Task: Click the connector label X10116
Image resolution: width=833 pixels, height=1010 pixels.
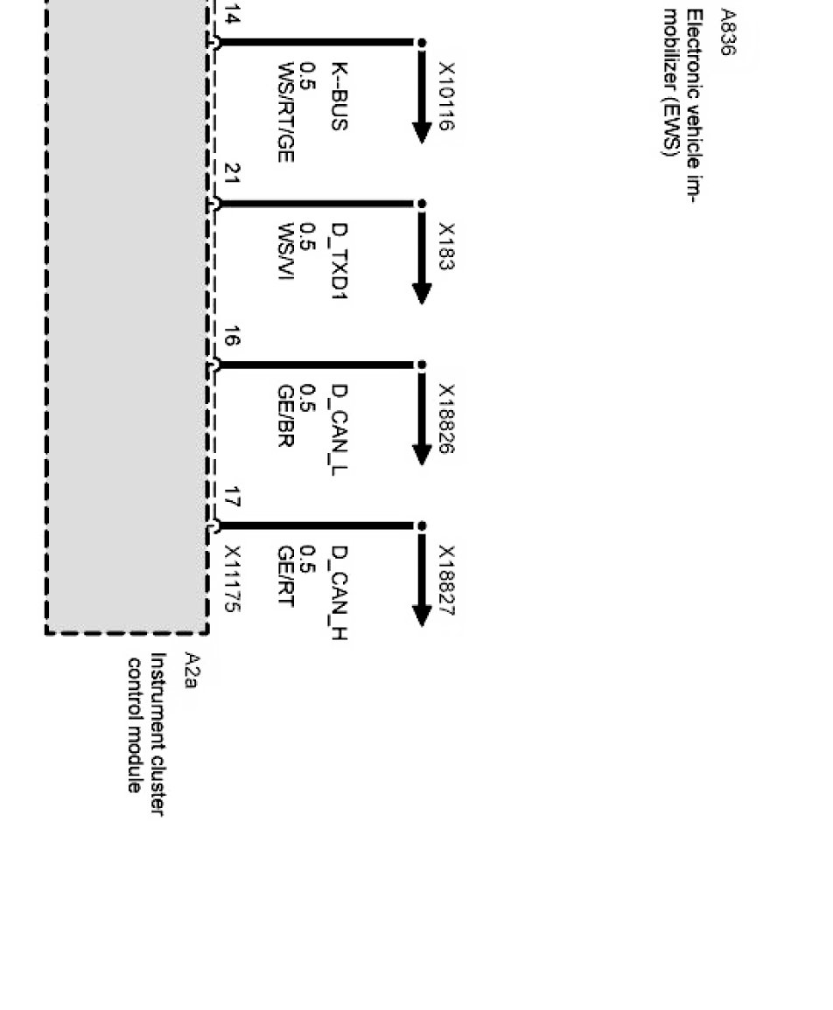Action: pyautogui.click(x=446, y=96)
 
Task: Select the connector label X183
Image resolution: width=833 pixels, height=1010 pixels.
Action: pyautogui.click(x=446, y=247)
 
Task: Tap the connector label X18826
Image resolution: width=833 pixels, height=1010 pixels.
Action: pyautogui.click(x=446, y=418)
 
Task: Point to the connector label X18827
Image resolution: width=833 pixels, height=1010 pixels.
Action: pyautogui.click(x=446, y=581)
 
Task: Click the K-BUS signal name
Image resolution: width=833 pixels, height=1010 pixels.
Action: pyautogui.click(x=339, y=96)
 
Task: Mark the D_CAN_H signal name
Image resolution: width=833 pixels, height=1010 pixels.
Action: pyautogui.click(x=339, y=592)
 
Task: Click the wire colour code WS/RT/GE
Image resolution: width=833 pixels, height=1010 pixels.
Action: pyautogui.click(x=285, y=112)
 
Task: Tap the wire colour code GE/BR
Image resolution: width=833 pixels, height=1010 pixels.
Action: pyautogui.click(x=285, y=414)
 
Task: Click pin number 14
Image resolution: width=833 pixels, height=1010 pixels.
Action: pyautogui.click(x=231, y=16)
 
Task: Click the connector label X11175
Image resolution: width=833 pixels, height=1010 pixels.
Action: pyautogui.click(x=231, y=579)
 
